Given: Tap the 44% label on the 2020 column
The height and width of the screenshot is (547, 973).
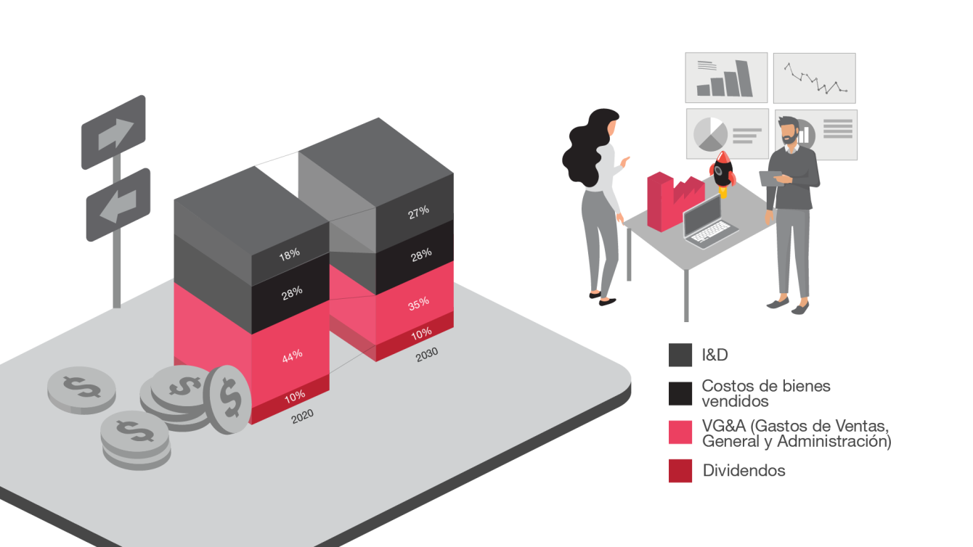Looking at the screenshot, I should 292,355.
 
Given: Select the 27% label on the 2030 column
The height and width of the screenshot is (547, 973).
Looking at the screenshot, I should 418,211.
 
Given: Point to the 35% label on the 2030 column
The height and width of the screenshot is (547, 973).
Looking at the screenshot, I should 418,304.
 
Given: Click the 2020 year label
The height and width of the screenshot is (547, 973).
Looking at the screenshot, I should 302,416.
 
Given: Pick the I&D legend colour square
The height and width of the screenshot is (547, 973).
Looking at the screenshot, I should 680,355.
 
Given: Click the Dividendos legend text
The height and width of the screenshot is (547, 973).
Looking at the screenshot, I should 744,471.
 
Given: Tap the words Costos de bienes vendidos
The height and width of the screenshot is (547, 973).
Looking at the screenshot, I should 765,392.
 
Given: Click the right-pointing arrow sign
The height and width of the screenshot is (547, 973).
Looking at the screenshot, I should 114,132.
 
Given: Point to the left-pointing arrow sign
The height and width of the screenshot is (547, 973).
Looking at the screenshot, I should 118,205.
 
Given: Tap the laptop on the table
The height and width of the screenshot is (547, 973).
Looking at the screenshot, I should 711,223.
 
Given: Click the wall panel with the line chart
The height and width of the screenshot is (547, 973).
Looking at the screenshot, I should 814,78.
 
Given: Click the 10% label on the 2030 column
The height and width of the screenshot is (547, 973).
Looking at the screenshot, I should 421,332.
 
